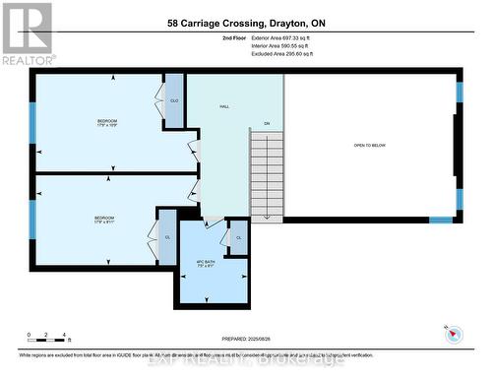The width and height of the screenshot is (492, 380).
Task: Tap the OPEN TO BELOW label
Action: click(370, 145)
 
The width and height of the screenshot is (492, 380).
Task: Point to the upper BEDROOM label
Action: click(106, 122)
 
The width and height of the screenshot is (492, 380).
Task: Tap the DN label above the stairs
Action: click(266, 123)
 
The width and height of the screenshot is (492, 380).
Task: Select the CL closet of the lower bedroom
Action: click(167, 237)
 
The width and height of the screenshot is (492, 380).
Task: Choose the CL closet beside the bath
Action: click(238, 238)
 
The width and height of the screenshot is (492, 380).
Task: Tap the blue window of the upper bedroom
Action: click(32, 123)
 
